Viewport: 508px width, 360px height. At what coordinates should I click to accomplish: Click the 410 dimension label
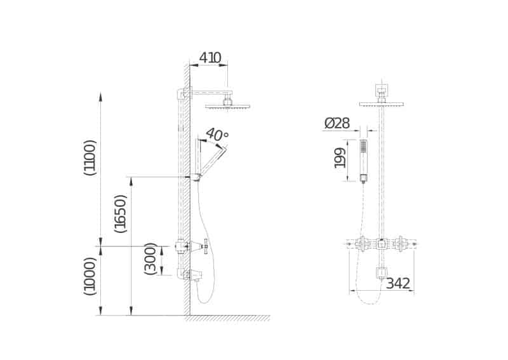(210, 58)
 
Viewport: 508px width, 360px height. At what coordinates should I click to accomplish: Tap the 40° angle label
(217, 134)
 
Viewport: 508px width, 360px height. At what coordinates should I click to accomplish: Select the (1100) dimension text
(90, 158)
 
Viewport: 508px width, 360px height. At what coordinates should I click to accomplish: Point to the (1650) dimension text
(120, 213)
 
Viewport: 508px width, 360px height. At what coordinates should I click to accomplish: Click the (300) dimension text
(150, 258)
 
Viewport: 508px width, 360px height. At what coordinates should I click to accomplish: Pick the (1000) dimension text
(90, 276)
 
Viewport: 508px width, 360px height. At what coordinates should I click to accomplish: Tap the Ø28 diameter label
(337, 123)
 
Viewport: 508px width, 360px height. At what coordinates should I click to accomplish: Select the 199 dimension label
(340, 158)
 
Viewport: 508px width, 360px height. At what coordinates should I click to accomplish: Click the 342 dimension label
(398, 284)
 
